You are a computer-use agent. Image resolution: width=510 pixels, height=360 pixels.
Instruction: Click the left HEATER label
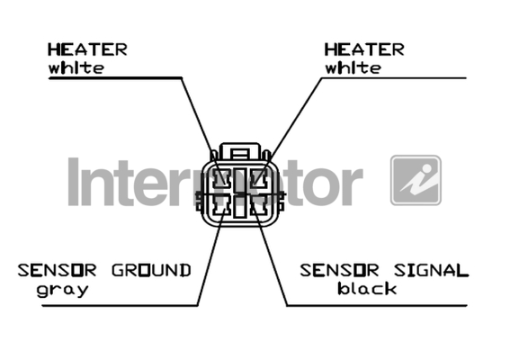(87, 49)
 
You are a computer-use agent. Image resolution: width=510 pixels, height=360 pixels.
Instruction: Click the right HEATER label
(364, 49)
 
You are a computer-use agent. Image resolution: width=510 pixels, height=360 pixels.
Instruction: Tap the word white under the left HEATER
(76, 68)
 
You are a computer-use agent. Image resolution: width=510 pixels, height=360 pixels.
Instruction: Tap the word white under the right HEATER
(353, 68)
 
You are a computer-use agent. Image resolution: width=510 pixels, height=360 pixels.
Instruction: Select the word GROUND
(151, 271)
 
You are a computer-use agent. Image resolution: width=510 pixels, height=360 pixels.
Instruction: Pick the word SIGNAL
(431, 271)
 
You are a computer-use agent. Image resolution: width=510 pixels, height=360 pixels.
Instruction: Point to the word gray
(62, 290)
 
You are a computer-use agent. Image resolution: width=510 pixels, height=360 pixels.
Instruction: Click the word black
(367, 288)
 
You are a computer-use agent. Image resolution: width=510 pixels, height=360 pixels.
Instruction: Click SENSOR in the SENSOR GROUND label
(57, 271)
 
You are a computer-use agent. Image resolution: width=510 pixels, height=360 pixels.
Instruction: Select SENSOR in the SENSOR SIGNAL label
(340, 271)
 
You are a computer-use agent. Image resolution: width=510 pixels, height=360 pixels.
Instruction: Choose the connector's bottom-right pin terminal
(259, 206)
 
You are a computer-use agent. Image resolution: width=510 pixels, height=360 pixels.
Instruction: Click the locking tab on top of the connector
(240, 151)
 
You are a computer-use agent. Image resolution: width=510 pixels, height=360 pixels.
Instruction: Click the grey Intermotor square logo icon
(416, 180)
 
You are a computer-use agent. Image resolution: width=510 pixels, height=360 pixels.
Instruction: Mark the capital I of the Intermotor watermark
(74, 182)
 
